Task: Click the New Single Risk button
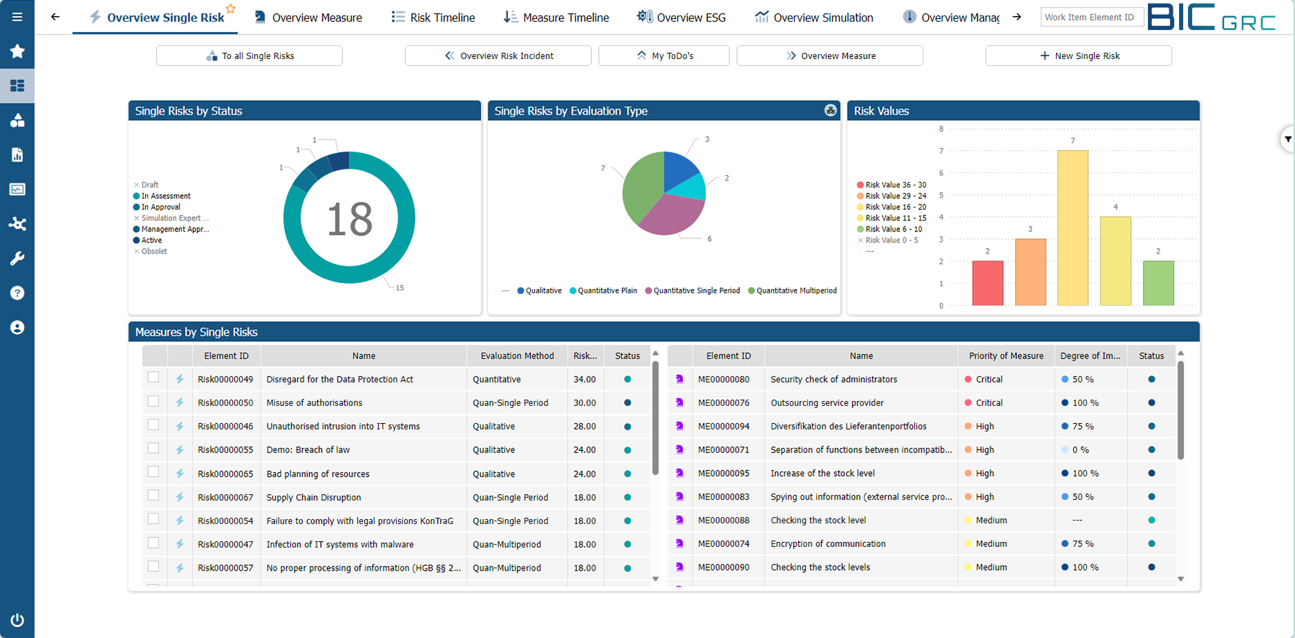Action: (1078, 56)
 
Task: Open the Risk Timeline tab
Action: (434, 17)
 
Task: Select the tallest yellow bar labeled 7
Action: (1073, 228)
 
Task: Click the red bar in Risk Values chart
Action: (987, 283)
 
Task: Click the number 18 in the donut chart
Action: (349, 219)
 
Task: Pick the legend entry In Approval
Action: (160, 207)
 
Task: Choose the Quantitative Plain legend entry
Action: (607, 291)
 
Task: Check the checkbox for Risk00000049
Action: (154, 377)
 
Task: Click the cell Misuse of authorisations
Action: (314, 403)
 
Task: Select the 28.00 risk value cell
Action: (584, 427)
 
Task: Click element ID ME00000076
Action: (723, 403)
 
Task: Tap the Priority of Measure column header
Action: (1005, 356)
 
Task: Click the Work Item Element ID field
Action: (1091, 17)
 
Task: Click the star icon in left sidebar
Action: (17, 51)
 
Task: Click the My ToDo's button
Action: (663, 56)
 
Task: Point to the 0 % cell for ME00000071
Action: (1080, 450)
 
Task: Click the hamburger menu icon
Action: (17, 17)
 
